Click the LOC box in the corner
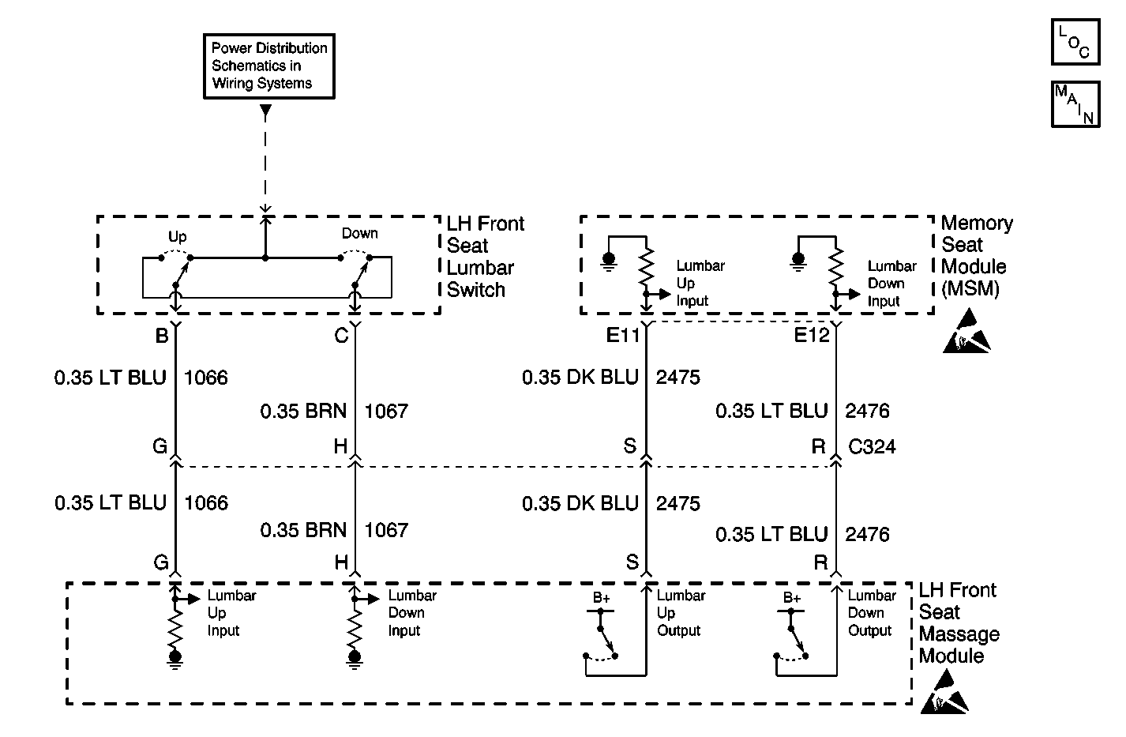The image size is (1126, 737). pos(1075,42)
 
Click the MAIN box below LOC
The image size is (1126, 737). pos(1075,104)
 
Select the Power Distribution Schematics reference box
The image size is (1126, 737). pos(269,66)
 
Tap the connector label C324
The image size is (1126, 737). pos(872,446)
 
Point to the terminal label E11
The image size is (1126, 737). pos(623,335)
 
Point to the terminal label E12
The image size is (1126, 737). pos(811,335)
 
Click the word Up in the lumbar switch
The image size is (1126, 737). pos(177,237)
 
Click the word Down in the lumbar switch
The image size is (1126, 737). pos(360,233)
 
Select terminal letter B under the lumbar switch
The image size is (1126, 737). pos(162,335)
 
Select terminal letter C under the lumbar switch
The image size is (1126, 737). pos(341,335)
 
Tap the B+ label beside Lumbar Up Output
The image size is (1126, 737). pos(601,598)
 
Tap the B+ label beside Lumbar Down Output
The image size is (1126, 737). pos(792,598)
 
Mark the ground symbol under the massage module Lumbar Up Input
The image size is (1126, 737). pos(175,660)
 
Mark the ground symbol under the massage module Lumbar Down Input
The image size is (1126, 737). pos(355,660)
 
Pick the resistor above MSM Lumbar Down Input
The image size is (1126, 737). pos(836,268)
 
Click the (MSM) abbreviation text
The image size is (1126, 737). pos(970,288)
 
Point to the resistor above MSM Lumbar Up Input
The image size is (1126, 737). pos(647,268)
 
